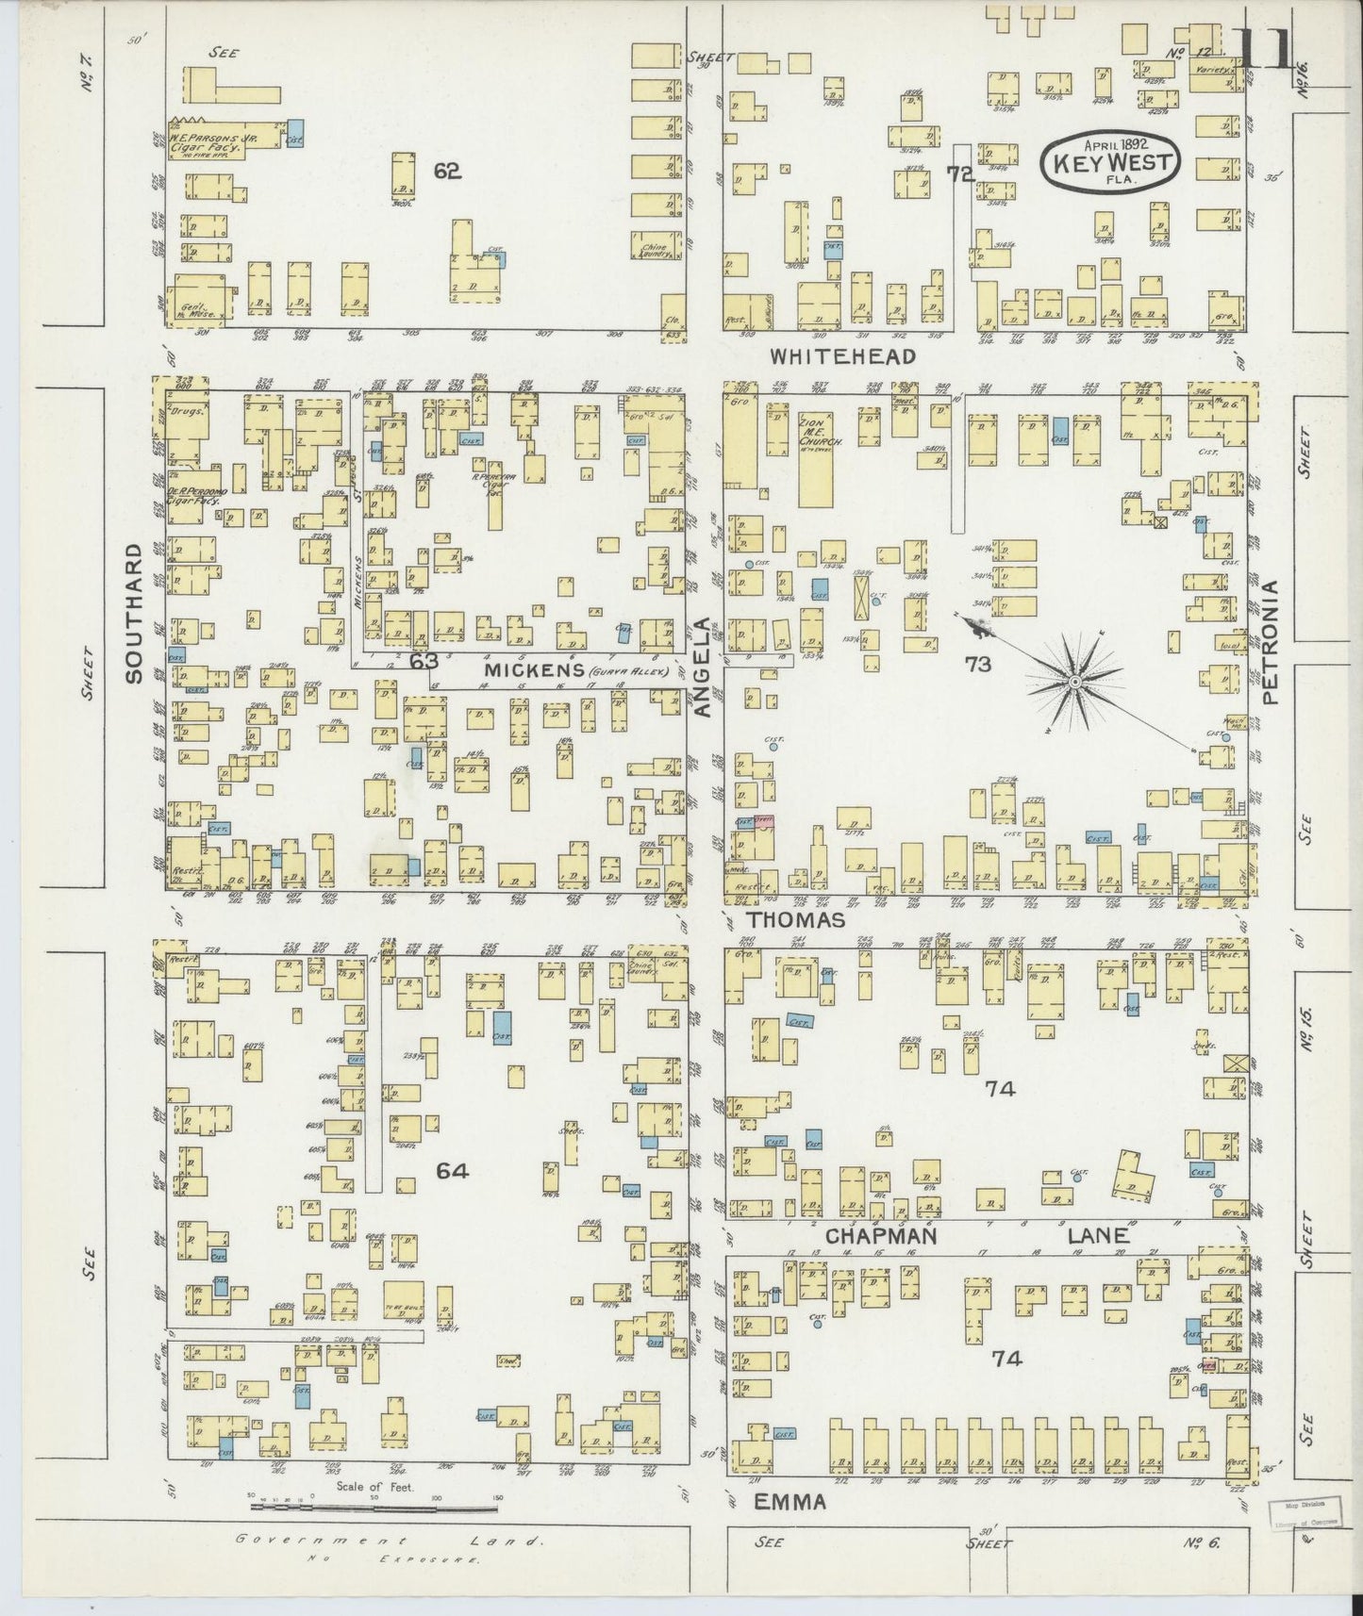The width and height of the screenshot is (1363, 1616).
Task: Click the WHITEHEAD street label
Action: click(842, 356)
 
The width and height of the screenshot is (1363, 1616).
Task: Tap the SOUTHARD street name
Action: click(134, 612)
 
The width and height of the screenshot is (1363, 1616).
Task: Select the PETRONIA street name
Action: click(1271, 642)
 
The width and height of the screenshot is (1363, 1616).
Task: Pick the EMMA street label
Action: click(790, 1501)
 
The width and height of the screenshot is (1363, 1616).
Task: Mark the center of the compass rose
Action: click(1075, 681)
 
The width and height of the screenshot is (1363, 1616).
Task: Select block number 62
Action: click(447, 171)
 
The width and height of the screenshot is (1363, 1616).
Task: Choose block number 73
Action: click(978, 664)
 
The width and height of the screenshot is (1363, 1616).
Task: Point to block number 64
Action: click(452, 1170)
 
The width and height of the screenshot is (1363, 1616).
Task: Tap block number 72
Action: click(960, 173)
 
